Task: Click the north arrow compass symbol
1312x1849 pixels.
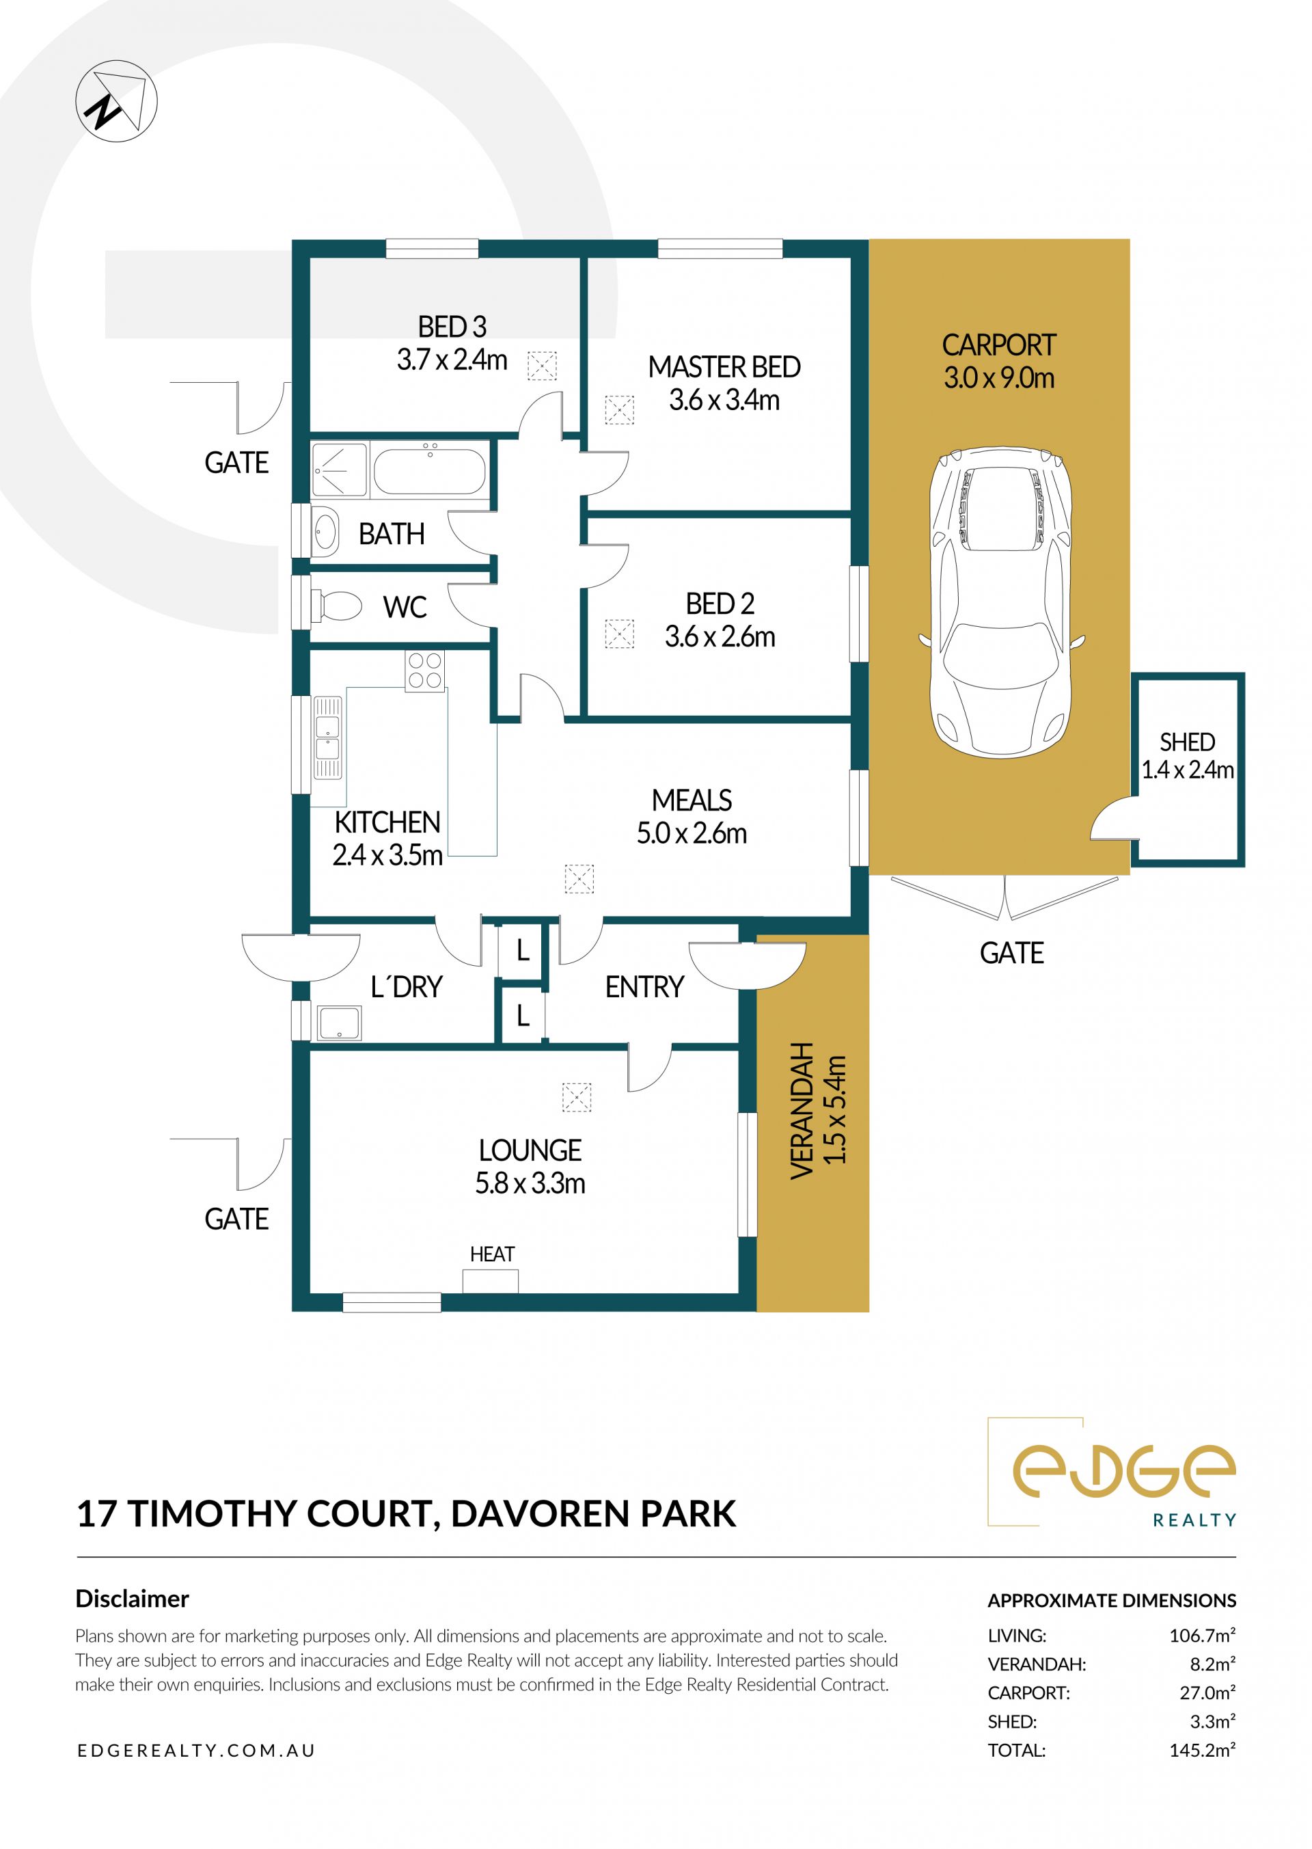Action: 116,101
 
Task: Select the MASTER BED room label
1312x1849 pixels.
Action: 724,367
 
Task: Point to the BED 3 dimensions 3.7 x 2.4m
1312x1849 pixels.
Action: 452,360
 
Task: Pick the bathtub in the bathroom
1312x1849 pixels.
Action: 429,470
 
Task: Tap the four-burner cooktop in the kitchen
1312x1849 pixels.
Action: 425,671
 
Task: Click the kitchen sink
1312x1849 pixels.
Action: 327,737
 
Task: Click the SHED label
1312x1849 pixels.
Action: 1187,742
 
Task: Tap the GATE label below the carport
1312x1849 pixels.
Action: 1011,954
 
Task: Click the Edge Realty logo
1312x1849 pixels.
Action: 1112,1473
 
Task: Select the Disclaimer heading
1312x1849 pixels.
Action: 132,1599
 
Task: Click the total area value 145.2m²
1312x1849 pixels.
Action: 1202,1750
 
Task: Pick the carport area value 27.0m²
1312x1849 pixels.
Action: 1207,1692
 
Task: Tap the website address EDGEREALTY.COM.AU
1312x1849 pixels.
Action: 195,1751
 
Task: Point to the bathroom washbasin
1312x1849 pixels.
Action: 325,531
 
